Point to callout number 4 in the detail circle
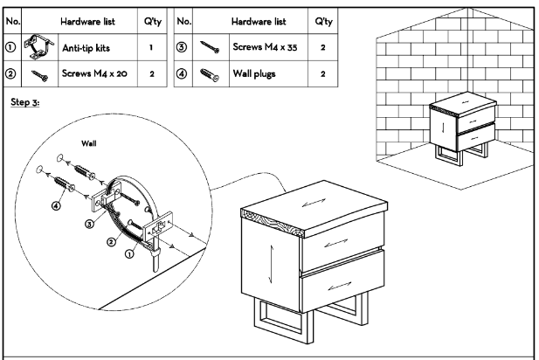click(x=58, y=207)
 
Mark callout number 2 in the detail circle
click(x=111, y=239)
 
